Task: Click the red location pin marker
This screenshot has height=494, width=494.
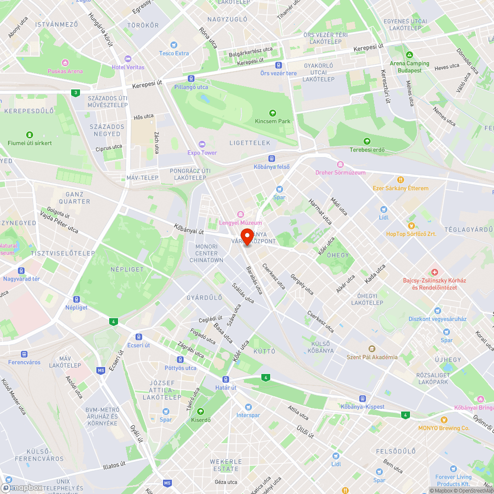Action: pyautogui.click(x=247, y=236)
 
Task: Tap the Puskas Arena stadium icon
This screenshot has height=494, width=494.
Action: pyautogui.click(x=65, y=62)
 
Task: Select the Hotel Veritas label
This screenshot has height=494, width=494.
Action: pyautogui.click(x=128, y=67)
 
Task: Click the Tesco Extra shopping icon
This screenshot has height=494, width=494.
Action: pyautogui.click(x=173, y=44)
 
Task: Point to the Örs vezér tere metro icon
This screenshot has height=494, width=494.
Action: pyautogui.click(x=279, y=65)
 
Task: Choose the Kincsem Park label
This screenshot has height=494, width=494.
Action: pyautogui.click(x=272, y=121)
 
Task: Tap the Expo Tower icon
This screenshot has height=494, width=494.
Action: pyautogui.click(x=202, y=144)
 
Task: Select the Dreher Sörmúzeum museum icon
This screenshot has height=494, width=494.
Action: pyautogui.click(x=340, y=164)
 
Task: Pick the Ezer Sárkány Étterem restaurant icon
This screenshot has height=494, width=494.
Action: pyautogui.click(x=401, y=180)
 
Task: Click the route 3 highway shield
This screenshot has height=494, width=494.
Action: pyautogui.click(x=75, y=92)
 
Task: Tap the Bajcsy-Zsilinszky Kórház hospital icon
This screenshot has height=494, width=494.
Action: pyautogui.click(x=434, y=272)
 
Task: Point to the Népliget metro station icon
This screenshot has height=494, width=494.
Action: pyautogui.click(x=76, y=299)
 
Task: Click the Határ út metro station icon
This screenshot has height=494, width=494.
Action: pyautogui.click(x=226, y=379)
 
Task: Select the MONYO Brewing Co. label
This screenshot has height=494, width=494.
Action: pyautogui.click(x=443, y=428)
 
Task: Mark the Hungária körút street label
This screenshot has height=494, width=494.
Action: pyautogui.click(x=101, y=30)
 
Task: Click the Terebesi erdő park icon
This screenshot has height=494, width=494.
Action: pyautogui.click(x=367, y=141)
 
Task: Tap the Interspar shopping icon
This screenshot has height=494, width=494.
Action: pyautogui.click(x=247, y=407)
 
